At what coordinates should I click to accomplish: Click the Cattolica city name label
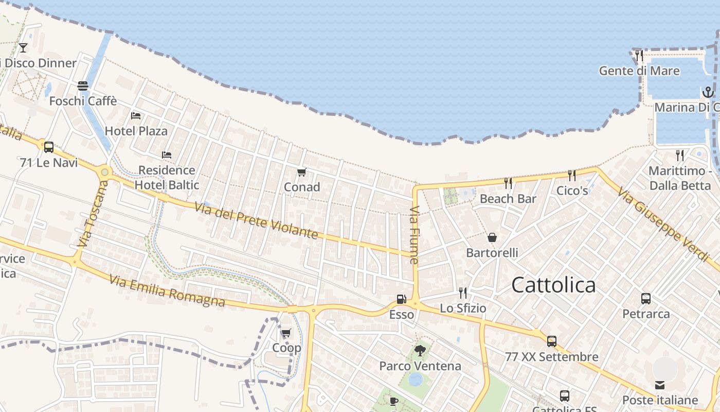pos(553,285)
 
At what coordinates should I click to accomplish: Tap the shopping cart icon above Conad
pos(301,172)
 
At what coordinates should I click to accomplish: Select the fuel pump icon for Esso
pos(401,299)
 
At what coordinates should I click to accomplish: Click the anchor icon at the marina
pos(708,92)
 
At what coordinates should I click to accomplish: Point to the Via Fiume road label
pos(415,235)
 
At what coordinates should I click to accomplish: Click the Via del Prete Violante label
pos(256,220)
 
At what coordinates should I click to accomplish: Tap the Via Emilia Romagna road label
pos(167,291)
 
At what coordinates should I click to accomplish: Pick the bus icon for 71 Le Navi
pos(49,147)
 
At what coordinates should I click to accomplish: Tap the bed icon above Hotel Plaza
pos(136,116)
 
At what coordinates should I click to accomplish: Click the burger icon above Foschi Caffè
pos(82,85)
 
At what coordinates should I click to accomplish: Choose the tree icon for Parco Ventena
pos(420,351)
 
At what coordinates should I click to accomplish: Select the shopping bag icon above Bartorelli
pos(492,237)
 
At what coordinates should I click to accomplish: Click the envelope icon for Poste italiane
pos(660,385)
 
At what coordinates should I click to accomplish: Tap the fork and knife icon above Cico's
pos(571,175)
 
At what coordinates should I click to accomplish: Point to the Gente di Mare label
pos(639,71)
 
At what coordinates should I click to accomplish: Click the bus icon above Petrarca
pos(646,298)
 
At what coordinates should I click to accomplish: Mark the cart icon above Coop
pos(286,333)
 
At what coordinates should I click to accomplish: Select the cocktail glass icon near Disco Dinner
pos(23,48)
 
